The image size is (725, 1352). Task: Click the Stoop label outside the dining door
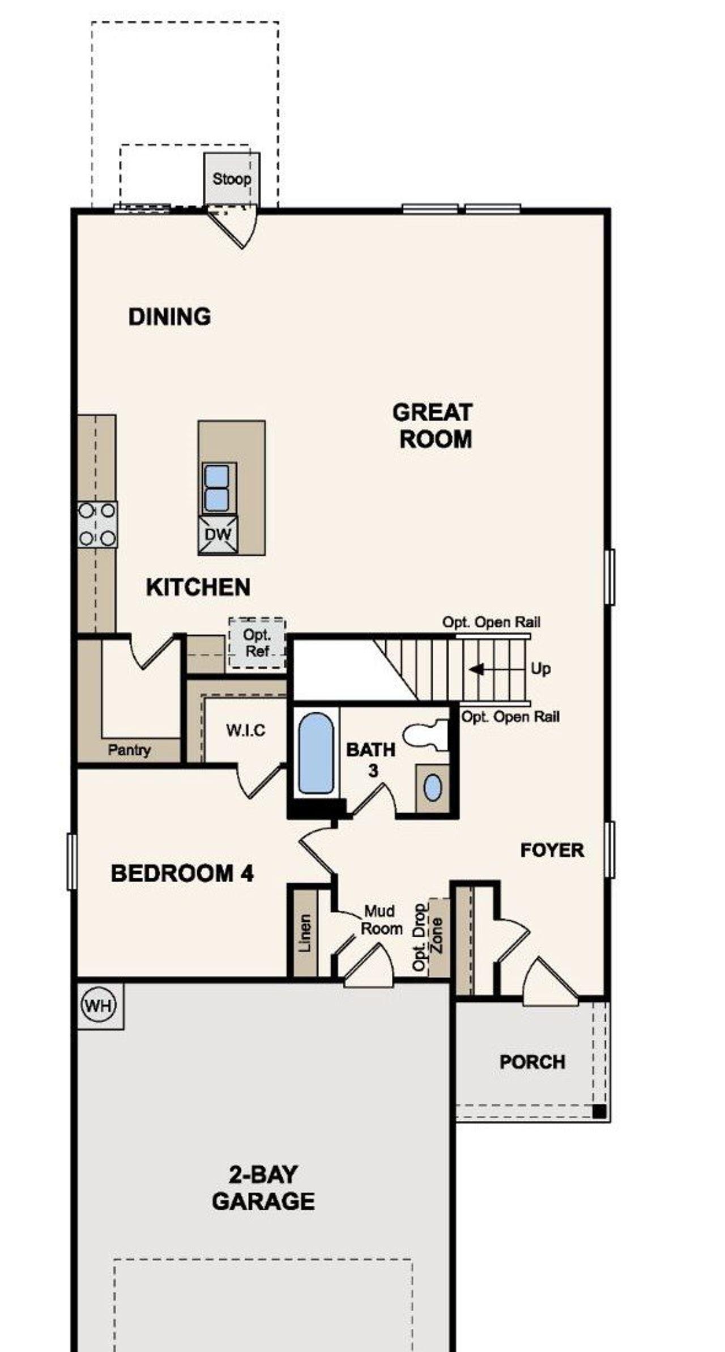coord(232,179)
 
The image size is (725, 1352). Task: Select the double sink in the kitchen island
coord(216,488)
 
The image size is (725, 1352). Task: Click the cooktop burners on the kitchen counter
coord(97,524)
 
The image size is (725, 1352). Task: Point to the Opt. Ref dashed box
coord(257,643)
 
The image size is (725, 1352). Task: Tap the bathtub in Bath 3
coord(315,753)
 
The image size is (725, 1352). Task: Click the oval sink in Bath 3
coord(433,788)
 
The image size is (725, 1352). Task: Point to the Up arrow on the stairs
coord(477,669)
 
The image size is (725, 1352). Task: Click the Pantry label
coord(129,750)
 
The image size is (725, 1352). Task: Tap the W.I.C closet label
coord(245,730)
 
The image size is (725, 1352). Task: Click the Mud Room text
coord(381,920)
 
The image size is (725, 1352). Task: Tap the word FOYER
coord(552,850)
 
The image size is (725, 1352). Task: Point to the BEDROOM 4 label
coord(182,873)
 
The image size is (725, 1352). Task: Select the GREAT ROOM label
coord(433,426)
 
